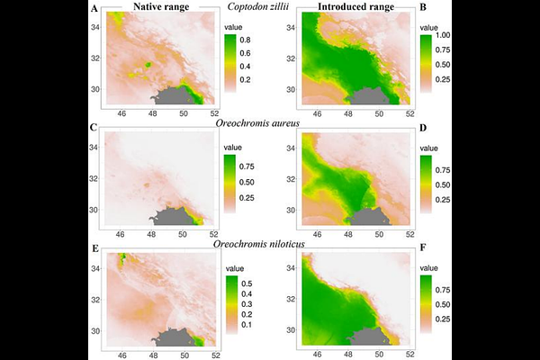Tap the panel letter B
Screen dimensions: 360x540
pyautogui.click(x=424, y=8)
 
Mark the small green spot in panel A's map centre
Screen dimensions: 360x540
pyautogui.click(x=149, y=66)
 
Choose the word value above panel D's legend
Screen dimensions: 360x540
pyautogui.click(x=429, y=146)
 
